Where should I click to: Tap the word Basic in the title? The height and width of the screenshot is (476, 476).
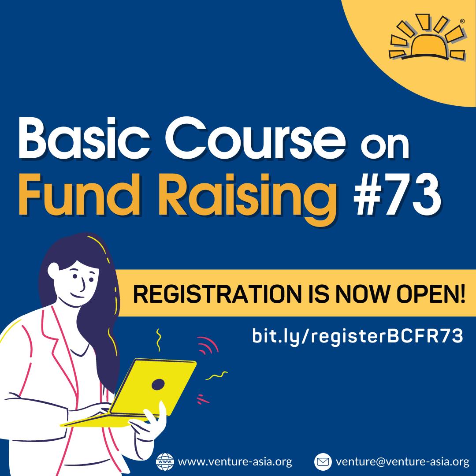click(x=84, y=138)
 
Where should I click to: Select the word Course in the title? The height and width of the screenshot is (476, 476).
click(x=255, y=138)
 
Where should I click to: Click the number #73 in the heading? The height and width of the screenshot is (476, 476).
click(x=397, y=195)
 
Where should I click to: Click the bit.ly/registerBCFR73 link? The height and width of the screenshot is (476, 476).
click(x=357, y=336)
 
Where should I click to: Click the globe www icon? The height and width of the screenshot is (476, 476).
click(x=165, y=462)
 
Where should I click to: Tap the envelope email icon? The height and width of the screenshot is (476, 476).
click(x=322, y=462)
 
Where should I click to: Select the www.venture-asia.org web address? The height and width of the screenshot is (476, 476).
click(x=235, y=462)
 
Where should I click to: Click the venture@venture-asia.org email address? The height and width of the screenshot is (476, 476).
click(x=402, y=462)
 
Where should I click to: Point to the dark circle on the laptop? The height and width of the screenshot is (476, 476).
click(x=158, y=384)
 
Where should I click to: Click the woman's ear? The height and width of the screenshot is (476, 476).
click(x=53, y=270)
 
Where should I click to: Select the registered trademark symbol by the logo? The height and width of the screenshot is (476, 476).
click(x=462, y=21)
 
